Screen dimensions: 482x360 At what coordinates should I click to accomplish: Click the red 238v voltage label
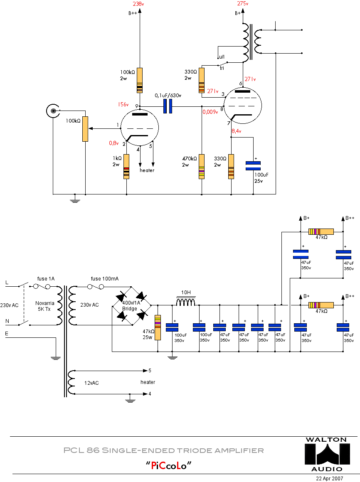(138, 4)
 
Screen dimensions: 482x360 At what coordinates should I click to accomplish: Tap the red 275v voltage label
(243, 4)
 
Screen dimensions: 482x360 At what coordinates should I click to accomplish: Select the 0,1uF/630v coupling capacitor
(168, 106)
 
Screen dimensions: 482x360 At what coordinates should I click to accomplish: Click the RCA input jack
(53, 111)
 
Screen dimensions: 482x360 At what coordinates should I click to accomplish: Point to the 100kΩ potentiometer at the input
(85, 129)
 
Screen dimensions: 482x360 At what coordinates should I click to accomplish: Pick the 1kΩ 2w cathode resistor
(126, 166)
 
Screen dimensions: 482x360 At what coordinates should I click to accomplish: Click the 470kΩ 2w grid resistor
(202, 166)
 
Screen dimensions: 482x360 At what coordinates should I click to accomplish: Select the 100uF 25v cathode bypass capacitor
(253, 165)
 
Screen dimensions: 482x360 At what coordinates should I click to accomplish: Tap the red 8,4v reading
(237, 131)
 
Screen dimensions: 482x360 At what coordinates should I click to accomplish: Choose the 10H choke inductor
(185, 302)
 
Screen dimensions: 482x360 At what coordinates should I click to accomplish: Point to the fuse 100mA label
(104, 278)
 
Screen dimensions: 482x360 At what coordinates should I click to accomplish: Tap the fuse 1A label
(45, 278)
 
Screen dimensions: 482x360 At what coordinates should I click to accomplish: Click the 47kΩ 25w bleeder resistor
(158, 327)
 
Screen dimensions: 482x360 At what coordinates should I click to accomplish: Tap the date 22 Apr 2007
(330, 478)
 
